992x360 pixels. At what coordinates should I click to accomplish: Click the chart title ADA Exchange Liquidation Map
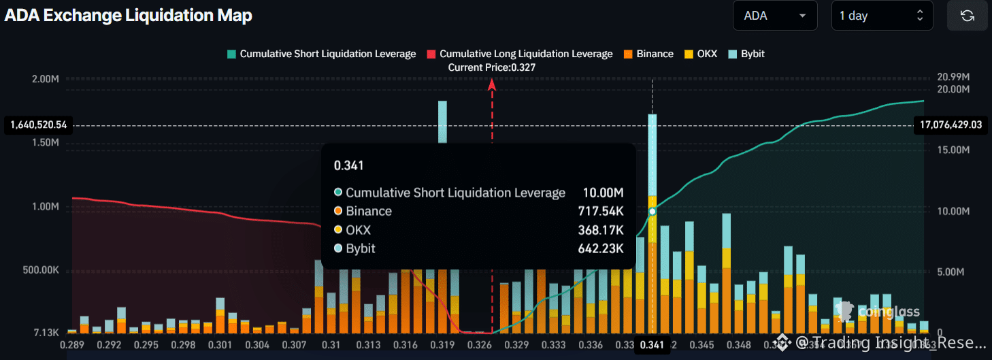(129, 16)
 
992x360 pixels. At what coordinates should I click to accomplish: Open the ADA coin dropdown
(774, 16)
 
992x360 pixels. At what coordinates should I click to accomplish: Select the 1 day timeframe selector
(882, 16)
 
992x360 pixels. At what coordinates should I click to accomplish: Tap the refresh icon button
(967, 16)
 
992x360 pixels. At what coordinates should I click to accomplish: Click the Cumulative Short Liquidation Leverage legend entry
(321, 54)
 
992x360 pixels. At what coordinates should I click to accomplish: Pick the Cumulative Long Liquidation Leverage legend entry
(519, 54)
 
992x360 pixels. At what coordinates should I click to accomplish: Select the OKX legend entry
(700, 54)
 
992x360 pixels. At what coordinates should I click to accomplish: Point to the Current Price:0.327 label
(492, 67)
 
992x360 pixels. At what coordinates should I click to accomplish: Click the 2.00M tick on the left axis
(46, 79)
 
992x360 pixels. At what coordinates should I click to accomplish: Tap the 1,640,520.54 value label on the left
(39, 125)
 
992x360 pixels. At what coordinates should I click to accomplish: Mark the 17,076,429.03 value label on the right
(950, 125)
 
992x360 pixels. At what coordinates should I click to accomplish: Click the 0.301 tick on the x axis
(220, 345)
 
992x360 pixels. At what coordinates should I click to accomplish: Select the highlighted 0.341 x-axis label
(652, 345)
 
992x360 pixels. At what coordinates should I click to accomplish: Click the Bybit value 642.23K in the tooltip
(603, 248)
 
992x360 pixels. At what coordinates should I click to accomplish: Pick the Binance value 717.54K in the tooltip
(603, 211)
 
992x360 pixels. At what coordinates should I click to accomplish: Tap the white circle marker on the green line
(652, 212)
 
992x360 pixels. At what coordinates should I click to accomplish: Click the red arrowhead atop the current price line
(492, 84)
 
